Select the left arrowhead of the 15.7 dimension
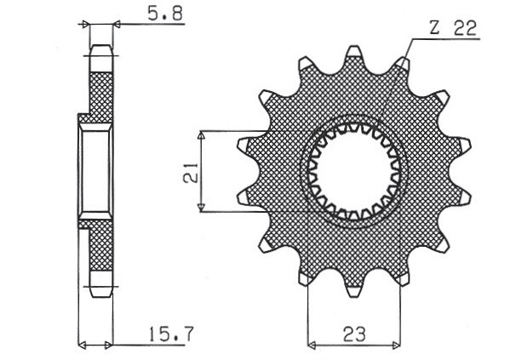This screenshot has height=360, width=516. tap(83, 346)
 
